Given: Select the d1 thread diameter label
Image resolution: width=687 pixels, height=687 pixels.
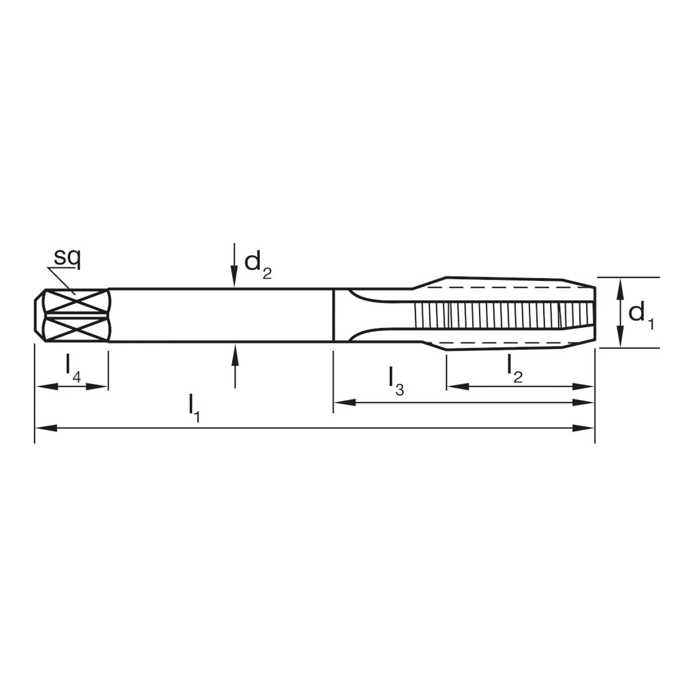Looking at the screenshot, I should (x=641, y=315).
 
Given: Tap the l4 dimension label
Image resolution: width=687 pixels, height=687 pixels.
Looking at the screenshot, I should (x=73, y=367).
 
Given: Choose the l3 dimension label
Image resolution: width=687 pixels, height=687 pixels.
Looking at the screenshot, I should (x=396, y=381).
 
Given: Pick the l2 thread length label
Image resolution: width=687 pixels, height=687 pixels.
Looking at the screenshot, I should (x=513, y=368).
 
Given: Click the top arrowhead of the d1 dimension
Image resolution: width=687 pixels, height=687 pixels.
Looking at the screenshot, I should (x=619, y=285).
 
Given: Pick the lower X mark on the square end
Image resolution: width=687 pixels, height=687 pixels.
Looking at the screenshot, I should (x=76, y=330).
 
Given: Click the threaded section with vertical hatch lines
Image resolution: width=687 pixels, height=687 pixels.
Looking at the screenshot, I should (x=502, y=315).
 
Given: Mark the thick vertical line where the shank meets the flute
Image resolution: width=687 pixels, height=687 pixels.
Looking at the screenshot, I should (x=334, y=315).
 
